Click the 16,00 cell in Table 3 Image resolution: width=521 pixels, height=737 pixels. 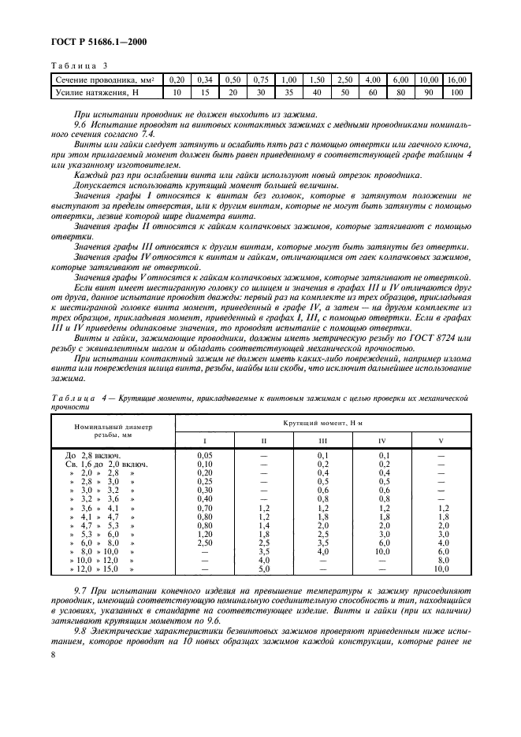point(456,80)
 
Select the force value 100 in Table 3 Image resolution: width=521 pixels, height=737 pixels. point(456,93)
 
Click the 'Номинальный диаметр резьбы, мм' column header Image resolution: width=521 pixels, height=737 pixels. point(113,429)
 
